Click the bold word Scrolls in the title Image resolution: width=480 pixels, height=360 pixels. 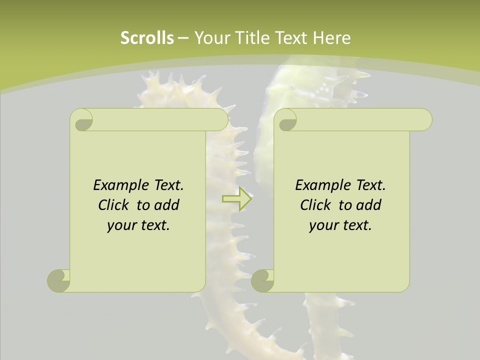pos(147,38)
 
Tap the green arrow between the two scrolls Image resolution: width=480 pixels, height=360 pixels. pos(237,198)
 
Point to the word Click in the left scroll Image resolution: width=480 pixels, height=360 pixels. pos(114,205)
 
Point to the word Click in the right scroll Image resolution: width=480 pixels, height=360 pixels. pos(316,205)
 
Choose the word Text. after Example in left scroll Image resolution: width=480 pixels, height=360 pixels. pos(168,185)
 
